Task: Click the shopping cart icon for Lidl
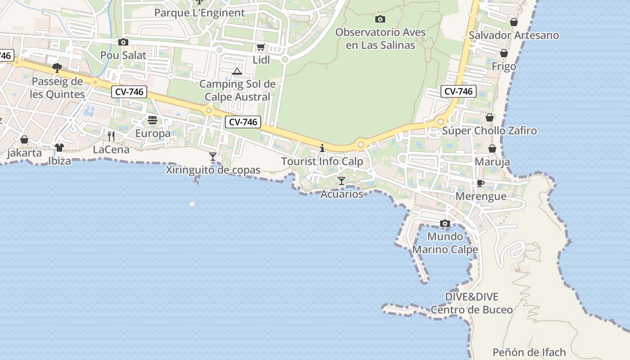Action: pos(261,47)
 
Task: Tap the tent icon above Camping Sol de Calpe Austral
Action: pos(237,71)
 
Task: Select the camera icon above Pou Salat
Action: pos(123,42)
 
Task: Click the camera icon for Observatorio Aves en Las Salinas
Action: pos(380,19)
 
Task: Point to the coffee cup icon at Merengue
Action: pos(481,183)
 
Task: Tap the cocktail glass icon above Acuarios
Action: pos(342,181)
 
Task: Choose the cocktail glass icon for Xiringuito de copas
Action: pos(213,157)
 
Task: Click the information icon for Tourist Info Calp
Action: pos(322,148)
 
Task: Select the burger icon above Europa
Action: pos(153,120)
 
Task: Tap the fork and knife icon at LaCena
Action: pos(111,136)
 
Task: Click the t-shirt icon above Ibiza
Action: pos(59,147)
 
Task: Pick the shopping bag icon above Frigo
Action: pos(504,53)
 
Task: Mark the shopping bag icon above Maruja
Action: pos(492,148)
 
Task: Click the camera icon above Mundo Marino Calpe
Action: pos(445,224)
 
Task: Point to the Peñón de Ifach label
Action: pos(529,352)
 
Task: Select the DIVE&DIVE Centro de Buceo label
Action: pos(472,303)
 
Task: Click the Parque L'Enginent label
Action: pos(199,13)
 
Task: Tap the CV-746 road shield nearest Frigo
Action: pos(458,91)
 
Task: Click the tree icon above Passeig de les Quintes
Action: pos(57,68)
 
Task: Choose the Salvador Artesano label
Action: pos(514,35)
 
